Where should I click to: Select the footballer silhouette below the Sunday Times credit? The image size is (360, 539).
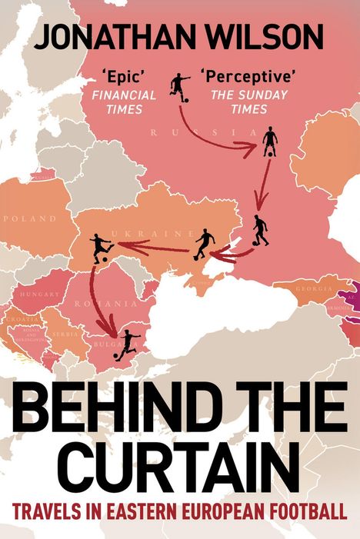(269, 142)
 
